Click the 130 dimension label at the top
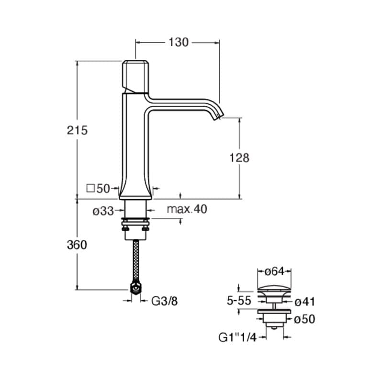pyautogui.click(x=179, y=42)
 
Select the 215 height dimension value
pyautogui.click(x=77, y=130)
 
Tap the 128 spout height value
pyautogui.click(x=239, y=158)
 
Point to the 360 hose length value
pyautogui.click(x=77, y=245)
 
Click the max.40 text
pyautogui.click(x=187, y=209)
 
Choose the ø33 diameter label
pyautogui.click(x=103, y=211)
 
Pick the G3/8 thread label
pyautogui.click(x=164, y=301)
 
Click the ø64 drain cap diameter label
pyautogui.click(x=274, y=271)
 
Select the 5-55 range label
pyautogui.click(x=239, y=301)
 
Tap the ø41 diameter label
pyautogui.click(x=304, y=302)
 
